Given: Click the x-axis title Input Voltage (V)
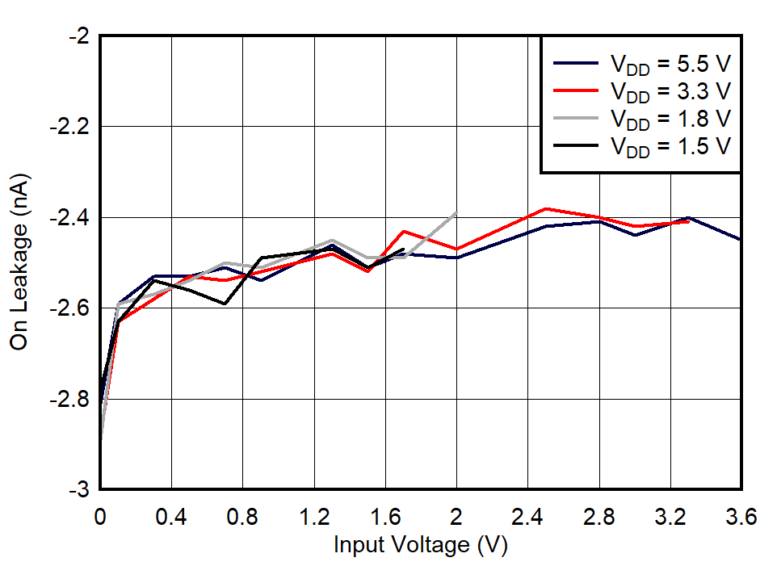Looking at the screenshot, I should click(420, 545).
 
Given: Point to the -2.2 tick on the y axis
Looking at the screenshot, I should click(71, 127).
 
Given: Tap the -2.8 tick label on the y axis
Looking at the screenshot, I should click(71, 399).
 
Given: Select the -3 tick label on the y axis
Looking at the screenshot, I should click(79, 490).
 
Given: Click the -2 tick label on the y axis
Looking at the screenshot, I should click(79, 36).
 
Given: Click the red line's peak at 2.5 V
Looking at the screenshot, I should click(546, 208).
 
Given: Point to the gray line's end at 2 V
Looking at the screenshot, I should click(456, 213).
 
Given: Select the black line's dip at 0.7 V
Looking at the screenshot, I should click(225, 304).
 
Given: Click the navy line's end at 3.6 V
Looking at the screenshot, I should click(741, 240).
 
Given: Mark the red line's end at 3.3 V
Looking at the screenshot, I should click(688, 221).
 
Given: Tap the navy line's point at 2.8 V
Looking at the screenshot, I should click(599, 221).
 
